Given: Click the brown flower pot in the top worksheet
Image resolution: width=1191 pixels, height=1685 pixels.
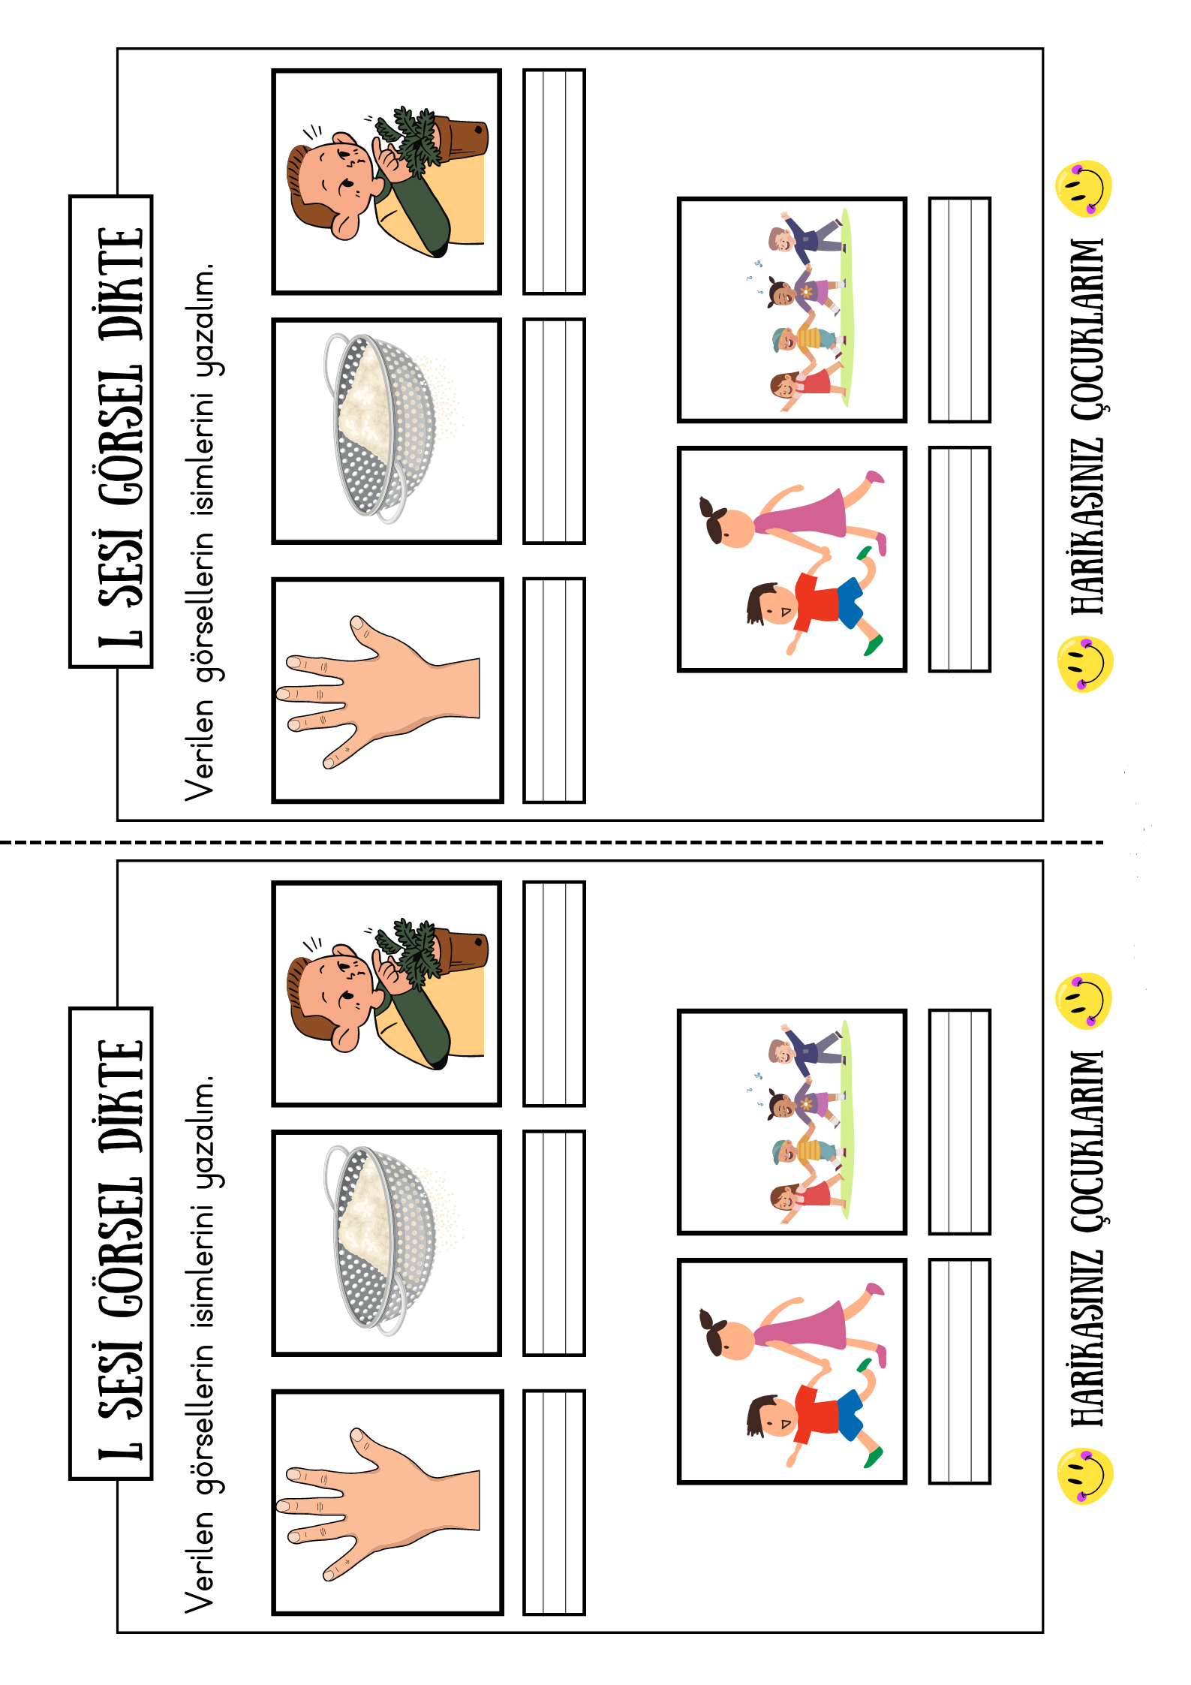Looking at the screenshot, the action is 459,139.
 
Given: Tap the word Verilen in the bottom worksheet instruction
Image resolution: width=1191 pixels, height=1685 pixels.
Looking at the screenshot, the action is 200,1563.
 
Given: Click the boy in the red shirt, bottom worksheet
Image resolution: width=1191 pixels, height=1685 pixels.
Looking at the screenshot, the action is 814,1412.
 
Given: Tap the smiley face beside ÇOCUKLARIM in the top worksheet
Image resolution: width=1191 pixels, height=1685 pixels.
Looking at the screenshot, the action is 1083,188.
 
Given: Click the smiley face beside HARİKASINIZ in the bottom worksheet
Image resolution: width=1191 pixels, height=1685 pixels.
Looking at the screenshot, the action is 1085,1477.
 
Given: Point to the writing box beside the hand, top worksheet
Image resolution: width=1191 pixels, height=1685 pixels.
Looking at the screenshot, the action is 555,691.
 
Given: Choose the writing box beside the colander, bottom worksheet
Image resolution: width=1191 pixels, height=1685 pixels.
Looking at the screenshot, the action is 555,1243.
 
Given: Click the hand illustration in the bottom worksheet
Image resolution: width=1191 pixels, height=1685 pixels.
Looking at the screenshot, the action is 378,1504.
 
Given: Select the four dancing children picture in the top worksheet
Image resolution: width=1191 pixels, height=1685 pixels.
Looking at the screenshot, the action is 792,310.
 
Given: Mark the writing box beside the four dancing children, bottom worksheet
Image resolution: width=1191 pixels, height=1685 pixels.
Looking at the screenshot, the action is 960,1121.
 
